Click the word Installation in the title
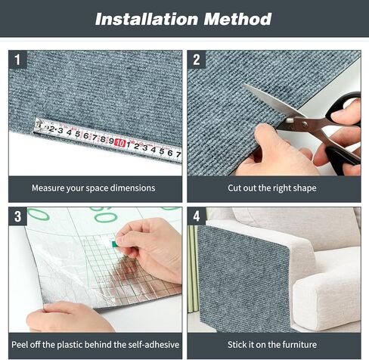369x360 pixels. [x=147, y=19]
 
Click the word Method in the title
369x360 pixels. [x=237, y=19]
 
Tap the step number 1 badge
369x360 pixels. [x=17, y=60]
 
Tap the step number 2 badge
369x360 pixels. [x=197, y=60]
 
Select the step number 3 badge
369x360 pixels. [x=17, y=216]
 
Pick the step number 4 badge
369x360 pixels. [x=197, y=216]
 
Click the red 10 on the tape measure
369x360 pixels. [x=120, y=143]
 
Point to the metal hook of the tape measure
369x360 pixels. [x=37, y=126]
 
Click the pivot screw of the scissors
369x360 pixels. [x=305, y=123]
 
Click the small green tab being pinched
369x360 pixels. [x=115, y=244]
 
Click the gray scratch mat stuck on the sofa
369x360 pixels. [x=243, y=278]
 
